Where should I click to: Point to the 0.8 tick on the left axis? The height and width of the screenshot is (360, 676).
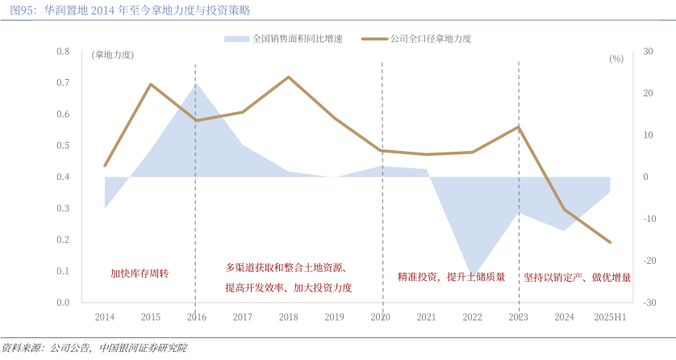64,52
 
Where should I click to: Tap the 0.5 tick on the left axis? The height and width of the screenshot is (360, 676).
64,146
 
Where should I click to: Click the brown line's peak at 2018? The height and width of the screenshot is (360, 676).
289,77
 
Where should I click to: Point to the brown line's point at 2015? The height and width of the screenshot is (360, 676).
151,84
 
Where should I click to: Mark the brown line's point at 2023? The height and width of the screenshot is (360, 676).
518,127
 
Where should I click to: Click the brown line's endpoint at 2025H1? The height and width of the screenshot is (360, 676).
610,242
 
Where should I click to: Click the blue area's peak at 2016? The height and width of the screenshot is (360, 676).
196,83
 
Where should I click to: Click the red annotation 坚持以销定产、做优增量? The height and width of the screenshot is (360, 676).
577,278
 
